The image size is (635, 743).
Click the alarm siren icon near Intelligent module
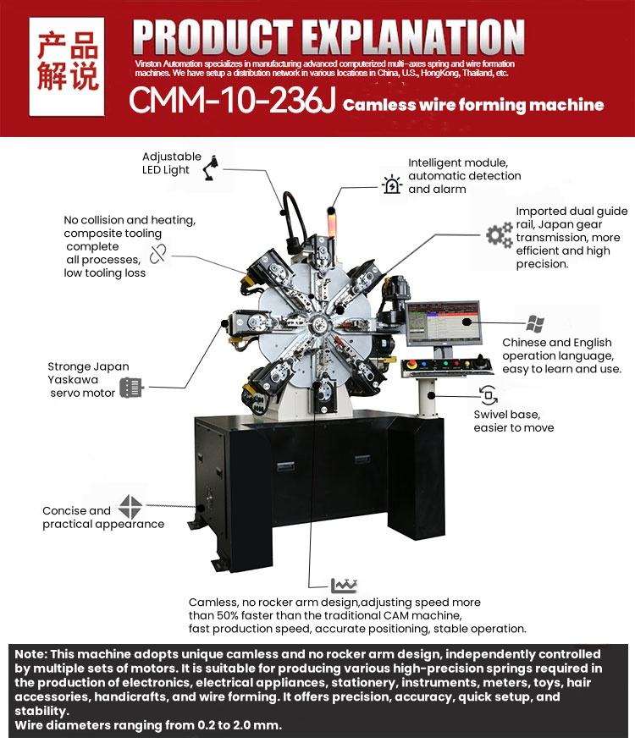click(392, 184)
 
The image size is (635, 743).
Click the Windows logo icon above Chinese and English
click(535, 323)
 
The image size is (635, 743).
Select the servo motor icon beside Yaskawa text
click(130, 388)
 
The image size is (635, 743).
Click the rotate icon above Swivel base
click(489, 394)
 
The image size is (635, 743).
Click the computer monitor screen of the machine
click(442, 324)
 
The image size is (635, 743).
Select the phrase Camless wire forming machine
click(473, 105)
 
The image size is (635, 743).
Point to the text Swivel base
click(506, 415)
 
